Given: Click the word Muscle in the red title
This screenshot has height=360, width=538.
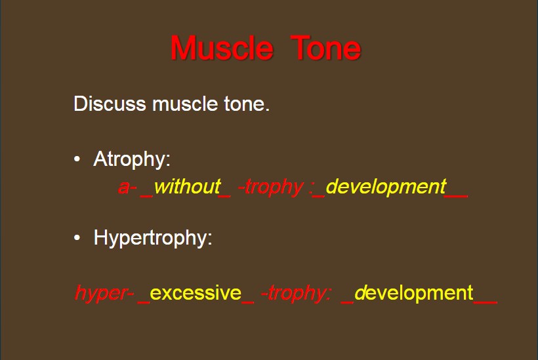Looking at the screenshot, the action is pyautogui.click(x=222, y=49).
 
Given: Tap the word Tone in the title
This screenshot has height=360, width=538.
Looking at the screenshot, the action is pyautogui.click(x=325, y=49).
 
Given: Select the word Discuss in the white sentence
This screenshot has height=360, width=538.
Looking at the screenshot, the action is pyautogui.click(x=110, y=104).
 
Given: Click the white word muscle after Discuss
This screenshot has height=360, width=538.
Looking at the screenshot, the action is pyautogui.click(x=185, y=104).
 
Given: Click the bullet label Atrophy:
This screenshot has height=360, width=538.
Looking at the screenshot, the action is pyautogui.click(x=132, y=159).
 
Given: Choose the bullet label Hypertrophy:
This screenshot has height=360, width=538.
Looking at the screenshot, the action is pyautogui.click(x=153, y=237).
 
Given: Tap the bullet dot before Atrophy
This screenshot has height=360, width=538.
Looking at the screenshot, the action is pyautogui.click(x=77, y=159).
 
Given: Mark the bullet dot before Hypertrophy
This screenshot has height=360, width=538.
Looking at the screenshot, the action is pyautogui.click(x=77, y=237).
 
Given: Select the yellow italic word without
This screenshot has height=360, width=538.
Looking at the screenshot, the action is pyautogui.click(x=188, y=187).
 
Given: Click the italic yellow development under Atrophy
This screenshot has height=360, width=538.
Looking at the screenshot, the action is pyautogui.click(x=386, y=188).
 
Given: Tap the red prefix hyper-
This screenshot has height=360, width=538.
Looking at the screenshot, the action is pyautogui.click(x=104, y=294).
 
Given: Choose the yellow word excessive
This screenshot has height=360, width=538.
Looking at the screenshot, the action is pyautogui.click(x=196, y=293).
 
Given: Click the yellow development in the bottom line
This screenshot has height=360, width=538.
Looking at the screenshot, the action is pyautogui.click(x=414, y=294).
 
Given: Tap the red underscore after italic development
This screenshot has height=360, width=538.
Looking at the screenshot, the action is pyautogui.click(x=457, y=197).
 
